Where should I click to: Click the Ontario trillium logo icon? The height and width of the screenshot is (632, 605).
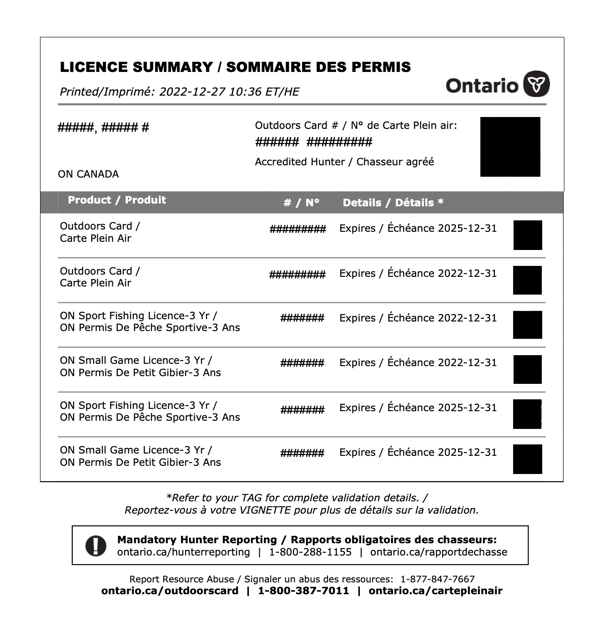click(x=536, y=84)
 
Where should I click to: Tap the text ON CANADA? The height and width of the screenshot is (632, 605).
click(x=88, y=174)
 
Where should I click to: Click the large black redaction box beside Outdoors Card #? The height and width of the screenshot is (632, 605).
click(x=510, y=147)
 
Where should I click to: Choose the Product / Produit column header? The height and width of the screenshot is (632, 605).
click(x=117, y=200)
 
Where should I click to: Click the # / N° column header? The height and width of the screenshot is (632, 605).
click(x=301, y=203)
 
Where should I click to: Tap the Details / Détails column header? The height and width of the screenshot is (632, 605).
click(x=393, y=203)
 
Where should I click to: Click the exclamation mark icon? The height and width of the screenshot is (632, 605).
click(x=96, y=545)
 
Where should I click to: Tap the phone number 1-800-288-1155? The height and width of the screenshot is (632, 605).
click(x=310, y=552)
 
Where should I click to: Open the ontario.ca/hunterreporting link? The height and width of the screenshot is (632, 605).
click(x=183, y=552)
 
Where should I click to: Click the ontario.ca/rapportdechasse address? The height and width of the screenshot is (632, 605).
click(x=439, y=552)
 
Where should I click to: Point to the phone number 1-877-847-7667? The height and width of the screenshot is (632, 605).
click(x=437, y=579)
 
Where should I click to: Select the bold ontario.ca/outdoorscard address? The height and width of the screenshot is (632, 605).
click(x=170, y=591)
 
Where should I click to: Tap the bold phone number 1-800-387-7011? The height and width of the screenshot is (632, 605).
click(x=303, y=591)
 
